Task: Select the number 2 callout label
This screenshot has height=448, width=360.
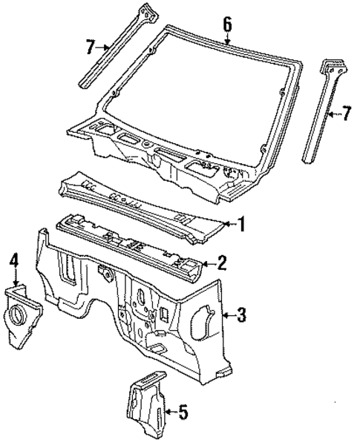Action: click(220, 261)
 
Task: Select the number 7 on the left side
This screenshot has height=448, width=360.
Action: click(90, 47)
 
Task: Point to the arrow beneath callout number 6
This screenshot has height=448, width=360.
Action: click(227, 38)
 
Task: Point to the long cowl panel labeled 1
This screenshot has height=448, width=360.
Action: click(148, 200)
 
